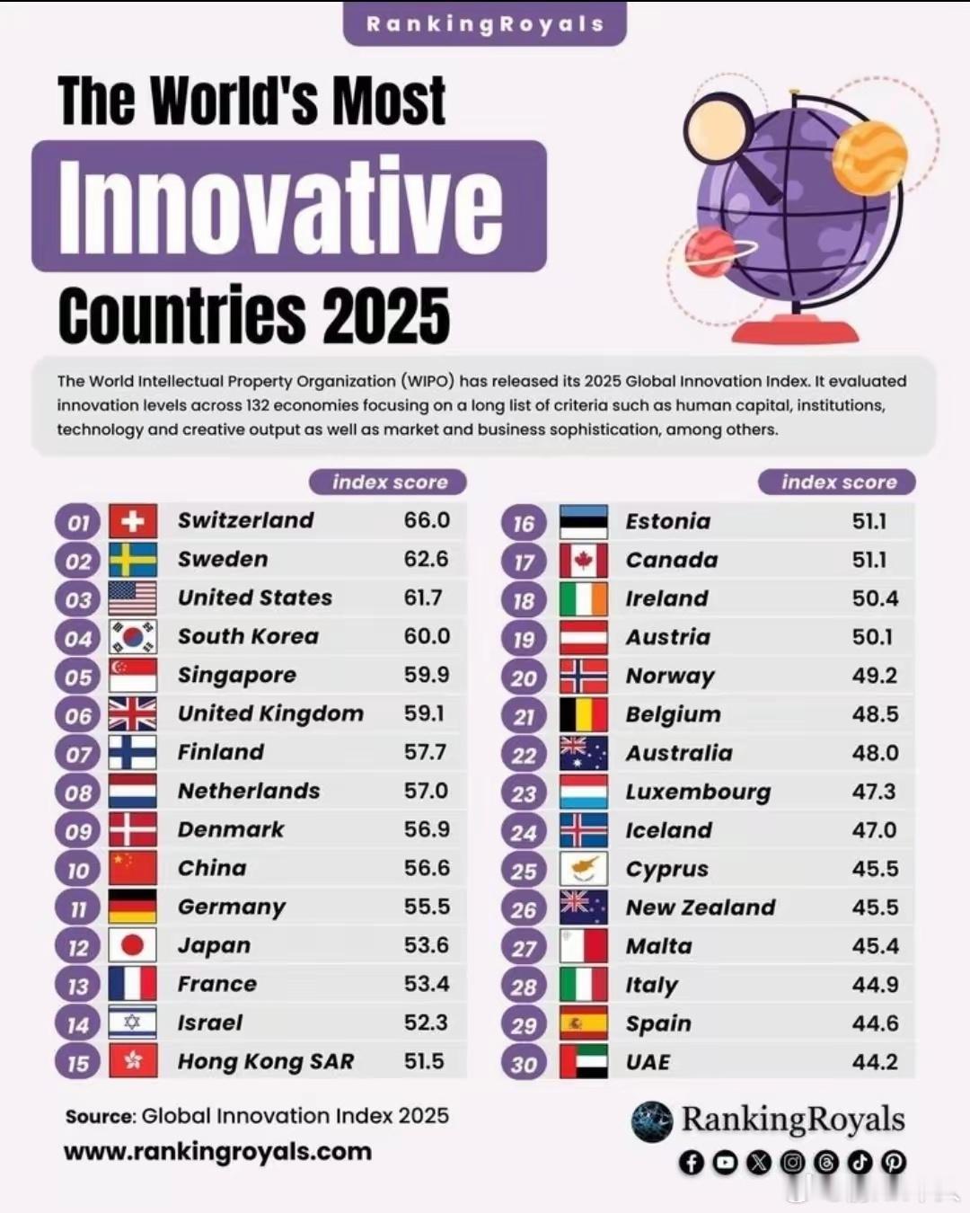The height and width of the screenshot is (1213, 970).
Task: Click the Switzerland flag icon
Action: (133, 521)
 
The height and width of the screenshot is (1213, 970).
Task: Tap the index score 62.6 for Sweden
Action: (426, 559)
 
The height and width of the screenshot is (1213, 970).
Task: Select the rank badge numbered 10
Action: (78, 870)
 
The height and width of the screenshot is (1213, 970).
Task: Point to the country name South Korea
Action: (248, 636)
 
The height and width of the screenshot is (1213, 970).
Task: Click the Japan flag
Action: (133, 945)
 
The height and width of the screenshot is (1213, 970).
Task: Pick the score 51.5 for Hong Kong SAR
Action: (424, 1061)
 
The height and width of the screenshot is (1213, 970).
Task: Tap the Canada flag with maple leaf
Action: (583, 561)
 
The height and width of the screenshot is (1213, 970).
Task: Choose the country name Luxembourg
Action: (698, 792)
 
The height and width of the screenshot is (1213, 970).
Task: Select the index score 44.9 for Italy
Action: (875, 985)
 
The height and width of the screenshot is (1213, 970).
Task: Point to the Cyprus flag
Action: (583, 870)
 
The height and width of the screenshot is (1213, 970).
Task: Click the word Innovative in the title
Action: (281, 205)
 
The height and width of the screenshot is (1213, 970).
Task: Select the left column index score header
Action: (389, 483)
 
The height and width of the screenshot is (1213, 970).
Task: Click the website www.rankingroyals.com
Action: (218, 1152)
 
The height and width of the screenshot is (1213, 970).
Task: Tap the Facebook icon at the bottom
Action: (691, 1163)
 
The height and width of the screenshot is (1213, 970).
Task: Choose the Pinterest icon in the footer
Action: (893, 1163)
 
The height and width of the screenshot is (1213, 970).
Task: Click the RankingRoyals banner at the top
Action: (485, 24)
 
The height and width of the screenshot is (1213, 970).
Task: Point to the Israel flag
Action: (133, 1023)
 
